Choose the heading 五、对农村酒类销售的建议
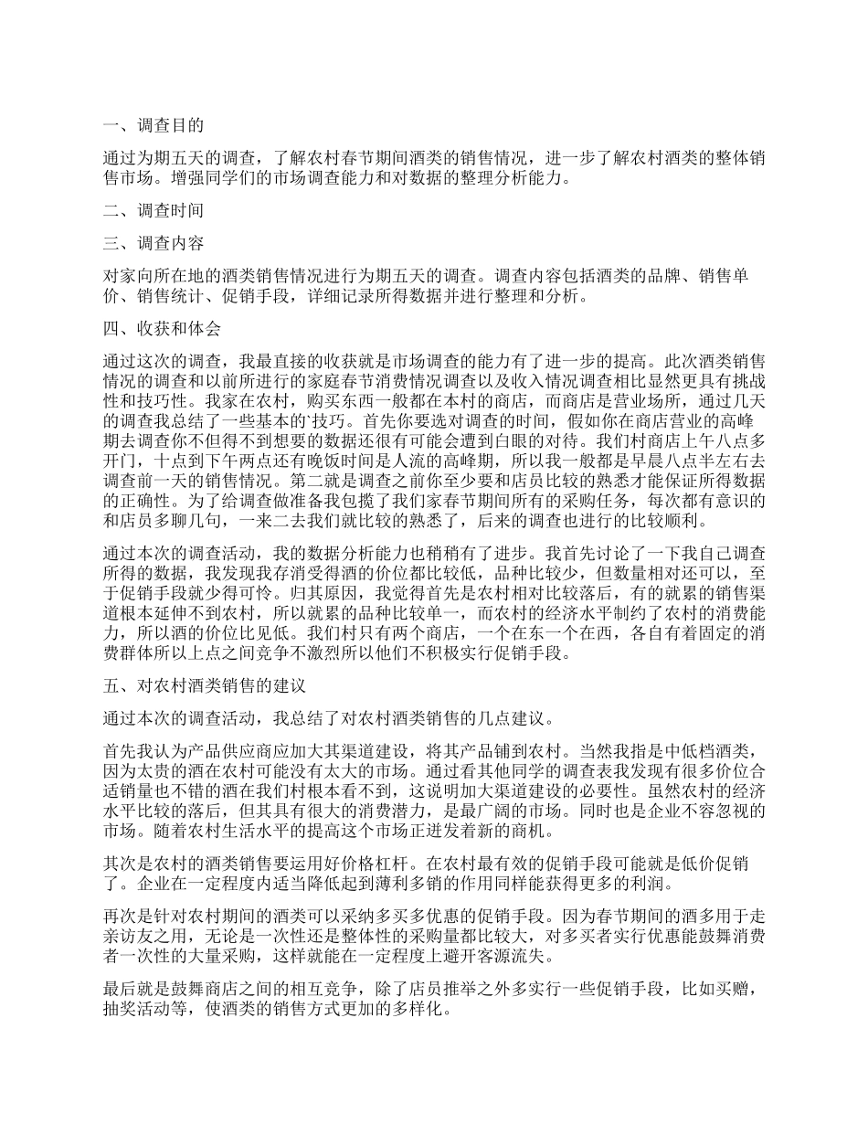tap(202, 684)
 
